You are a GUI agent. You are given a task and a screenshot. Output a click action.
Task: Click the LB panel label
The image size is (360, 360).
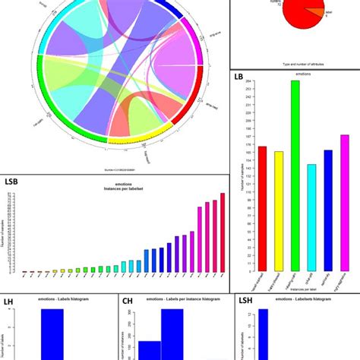tap(239, 77)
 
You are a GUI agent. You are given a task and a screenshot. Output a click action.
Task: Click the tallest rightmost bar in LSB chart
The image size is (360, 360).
tap(223, 232)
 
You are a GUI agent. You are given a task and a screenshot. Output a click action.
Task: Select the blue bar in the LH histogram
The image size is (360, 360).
tap(52, 334)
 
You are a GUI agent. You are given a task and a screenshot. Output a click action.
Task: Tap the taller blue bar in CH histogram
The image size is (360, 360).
tap(172, 334)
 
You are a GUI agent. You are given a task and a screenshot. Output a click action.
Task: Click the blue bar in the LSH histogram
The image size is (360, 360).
tap(263, 334)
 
